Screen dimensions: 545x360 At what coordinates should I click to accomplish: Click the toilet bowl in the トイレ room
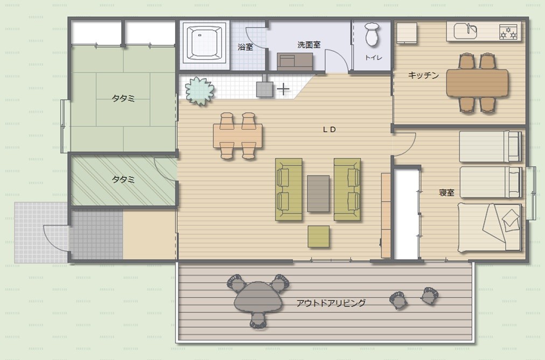(x=372, y=34)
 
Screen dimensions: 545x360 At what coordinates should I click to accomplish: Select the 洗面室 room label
(x=309, y=45)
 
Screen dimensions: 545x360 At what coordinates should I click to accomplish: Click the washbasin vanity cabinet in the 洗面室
(x=295, y=61)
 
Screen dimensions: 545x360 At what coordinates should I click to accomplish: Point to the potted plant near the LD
(x=199, y=91)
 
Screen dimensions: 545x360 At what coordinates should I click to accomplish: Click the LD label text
(x=329, y=130)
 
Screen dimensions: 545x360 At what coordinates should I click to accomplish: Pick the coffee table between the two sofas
(x=318, y=193)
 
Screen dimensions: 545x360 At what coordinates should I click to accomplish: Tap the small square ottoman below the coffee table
(x=318, y=237)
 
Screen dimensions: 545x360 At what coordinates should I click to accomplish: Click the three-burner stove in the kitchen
(x=508, y=32)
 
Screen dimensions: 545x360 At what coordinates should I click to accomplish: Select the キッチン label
(x=423, y=75)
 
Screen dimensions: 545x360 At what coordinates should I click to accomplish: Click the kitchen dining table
(x=477, y=83)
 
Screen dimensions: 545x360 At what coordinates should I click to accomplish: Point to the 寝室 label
(x=446, y=193)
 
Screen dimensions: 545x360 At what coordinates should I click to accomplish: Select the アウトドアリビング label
(x=331, y=303)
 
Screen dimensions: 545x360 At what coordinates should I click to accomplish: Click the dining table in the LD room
(x=237, y=136)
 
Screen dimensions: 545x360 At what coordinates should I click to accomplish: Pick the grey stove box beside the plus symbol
(x=264, y=89)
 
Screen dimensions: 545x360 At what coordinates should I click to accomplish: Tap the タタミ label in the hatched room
(x=123, y=179)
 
